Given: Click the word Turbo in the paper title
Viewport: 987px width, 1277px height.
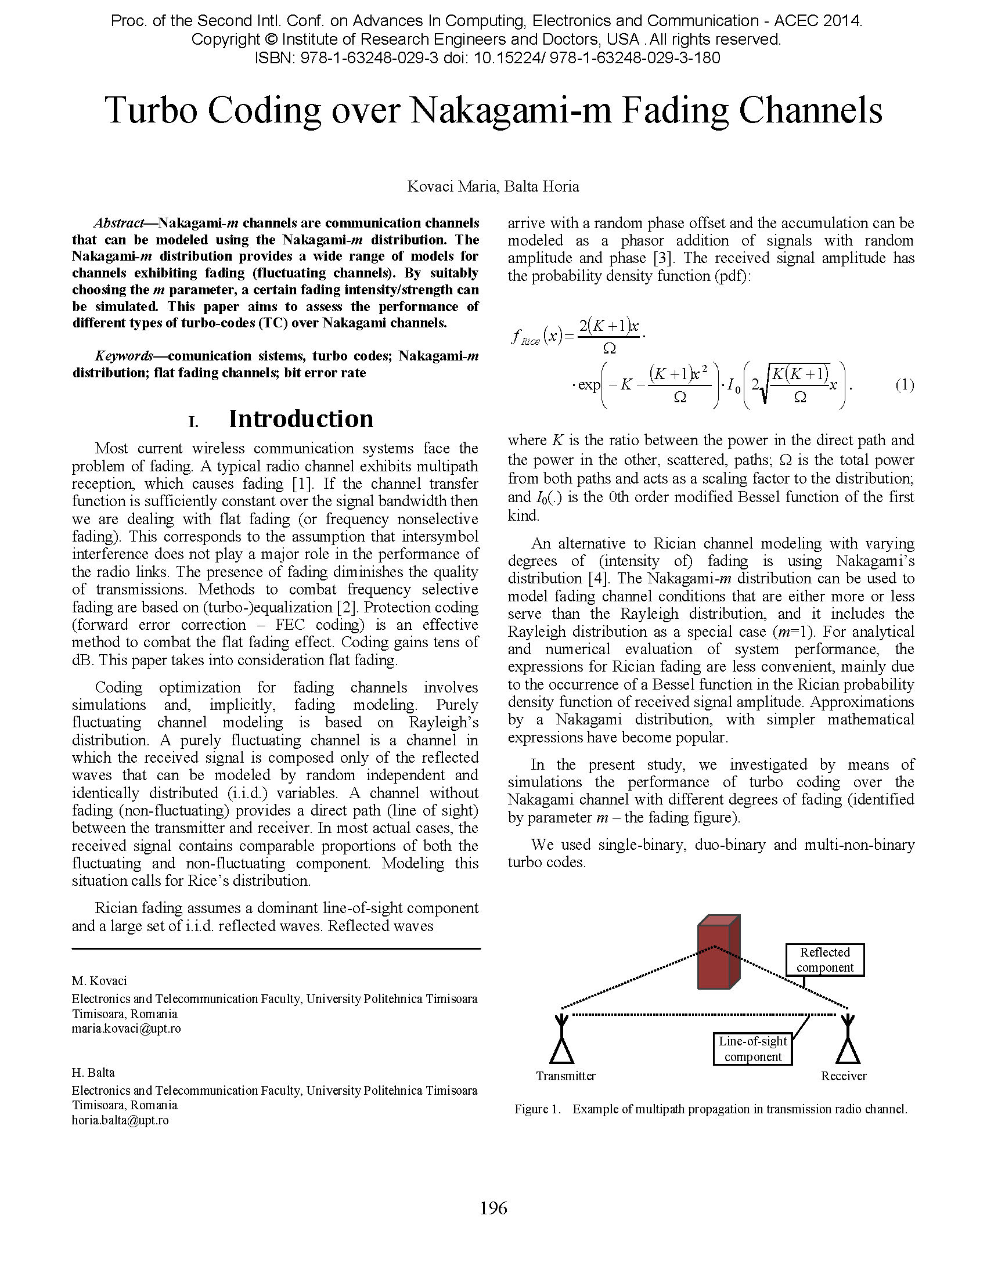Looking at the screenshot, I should [x=150, y=110].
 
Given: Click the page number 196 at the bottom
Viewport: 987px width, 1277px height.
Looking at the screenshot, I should [x=493, y=1207].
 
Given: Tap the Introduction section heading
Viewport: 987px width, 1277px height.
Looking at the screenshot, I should [x=301, y=419].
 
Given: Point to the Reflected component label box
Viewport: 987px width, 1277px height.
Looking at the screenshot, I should [x=824, y=959].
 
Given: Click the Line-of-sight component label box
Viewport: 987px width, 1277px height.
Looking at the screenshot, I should [x=752, y=1049].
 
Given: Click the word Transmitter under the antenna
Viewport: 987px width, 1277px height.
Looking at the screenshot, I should [x=565, y=1076].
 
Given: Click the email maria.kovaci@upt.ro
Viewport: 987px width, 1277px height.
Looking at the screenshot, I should [x=127, y=1029].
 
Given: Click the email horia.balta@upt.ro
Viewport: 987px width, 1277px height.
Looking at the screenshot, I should [x=120, y=1120].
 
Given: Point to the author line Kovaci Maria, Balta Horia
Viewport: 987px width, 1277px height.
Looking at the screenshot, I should [x=493, y=186].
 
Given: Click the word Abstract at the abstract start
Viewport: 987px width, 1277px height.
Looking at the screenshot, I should [x=118, y=223].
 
